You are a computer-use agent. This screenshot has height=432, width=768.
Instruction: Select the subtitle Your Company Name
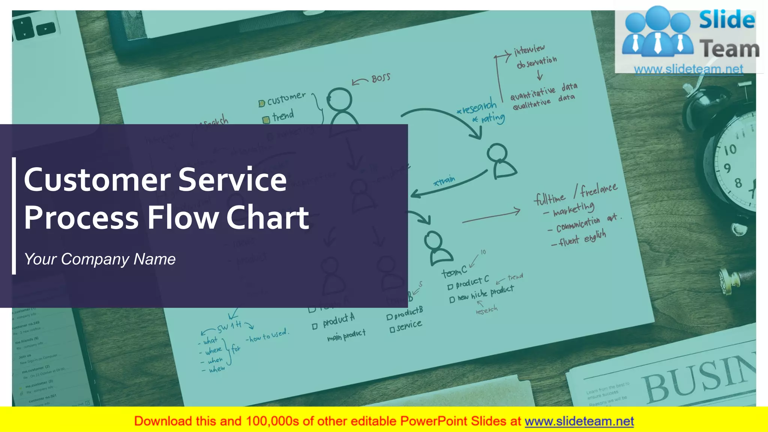(100, 259)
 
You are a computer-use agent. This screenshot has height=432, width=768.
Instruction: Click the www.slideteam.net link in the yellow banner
(579, 421)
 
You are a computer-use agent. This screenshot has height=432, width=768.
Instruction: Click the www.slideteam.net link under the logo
(688, 69)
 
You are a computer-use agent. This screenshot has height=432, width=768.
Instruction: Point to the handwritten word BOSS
(381, 78)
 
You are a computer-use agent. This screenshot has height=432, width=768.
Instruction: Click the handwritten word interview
(529, 49)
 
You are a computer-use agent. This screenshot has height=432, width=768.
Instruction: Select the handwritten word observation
(537, 62)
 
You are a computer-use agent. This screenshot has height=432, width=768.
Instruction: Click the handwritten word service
(409, 325)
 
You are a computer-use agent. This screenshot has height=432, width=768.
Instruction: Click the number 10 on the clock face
(730, 150)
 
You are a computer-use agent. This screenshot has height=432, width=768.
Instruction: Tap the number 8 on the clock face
(738, 183)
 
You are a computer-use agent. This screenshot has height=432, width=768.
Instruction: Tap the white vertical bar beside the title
(14, 216)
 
